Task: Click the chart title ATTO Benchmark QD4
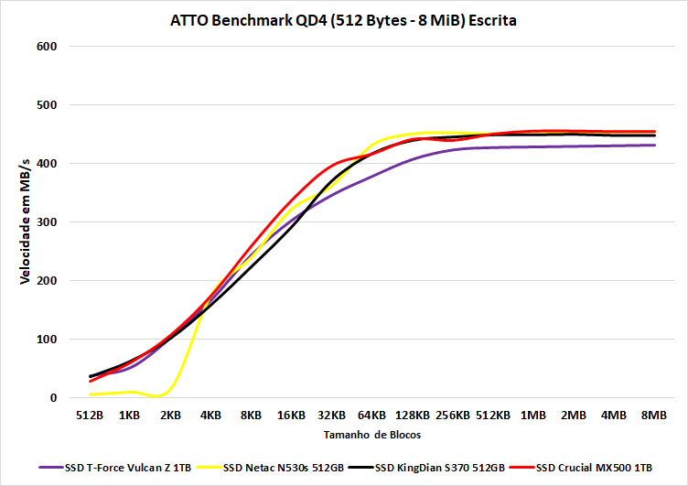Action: pos(343,20)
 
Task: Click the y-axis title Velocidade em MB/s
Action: pos(26,221)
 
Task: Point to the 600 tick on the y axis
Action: pos(47,47)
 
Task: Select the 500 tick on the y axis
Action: pos(47,105)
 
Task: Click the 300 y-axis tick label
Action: pos(47,222)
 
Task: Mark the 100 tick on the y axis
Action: pos(47,340)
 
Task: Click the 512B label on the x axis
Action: pos(90,415)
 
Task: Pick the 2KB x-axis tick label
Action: pos(170,415)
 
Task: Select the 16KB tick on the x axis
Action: pos(291,415)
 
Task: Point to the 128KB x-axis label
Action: pos(412,415)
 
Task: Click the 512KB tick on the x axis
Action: pos(493,415)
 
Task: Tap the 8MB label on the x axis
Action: pos(654,415)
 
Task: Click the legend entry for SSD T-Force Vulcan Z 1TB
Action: pos(118,467)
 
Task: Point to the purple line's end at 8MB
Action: pos(654,146)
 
